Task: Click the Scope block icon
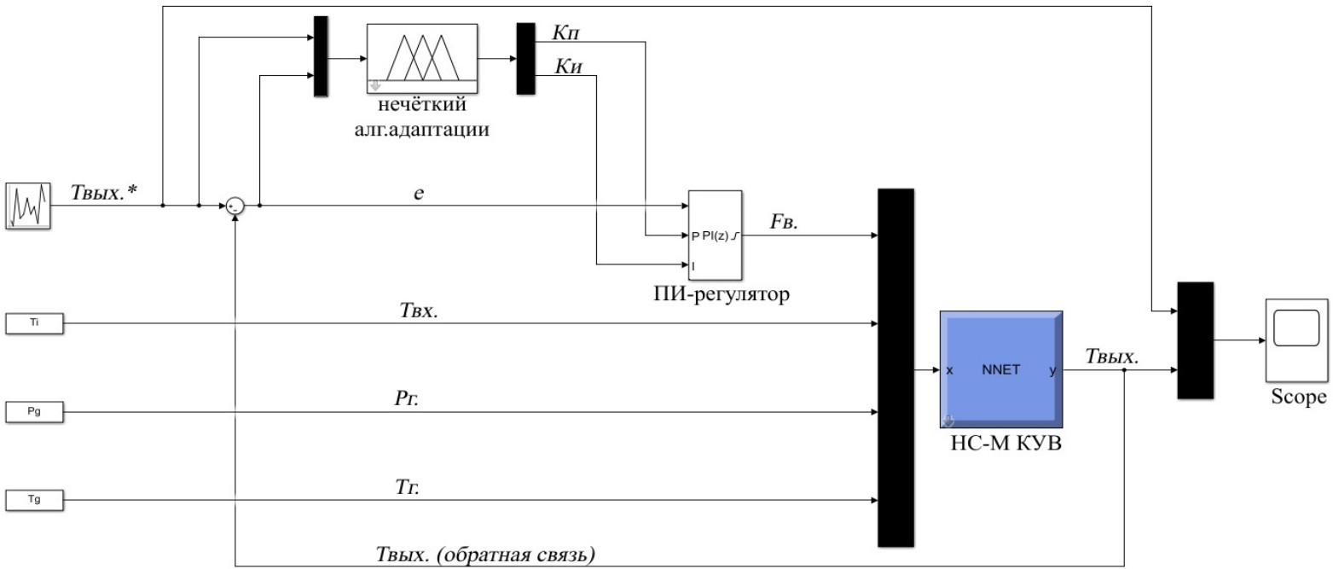tap(1296, 340)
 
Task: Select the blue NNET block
tap(1000, 370)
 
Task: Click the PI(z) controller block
tap(715, 235)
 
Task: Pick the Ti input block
tap(34, 323)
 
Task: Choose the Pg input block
tap(34, 412)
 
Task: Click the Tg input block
tap(34, 500)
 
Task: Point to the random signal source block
tap(29, 206)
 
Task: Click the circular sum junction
tap(235, 206)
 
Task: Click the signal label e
tap(418, 194)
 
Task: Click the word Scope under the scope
tap(1298, 397)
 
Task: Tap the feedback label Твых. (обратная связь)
tap(485, 554)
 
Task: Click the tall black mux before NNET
tap(895, 367)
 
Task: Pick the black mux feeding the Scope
tap(1194, 340)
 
